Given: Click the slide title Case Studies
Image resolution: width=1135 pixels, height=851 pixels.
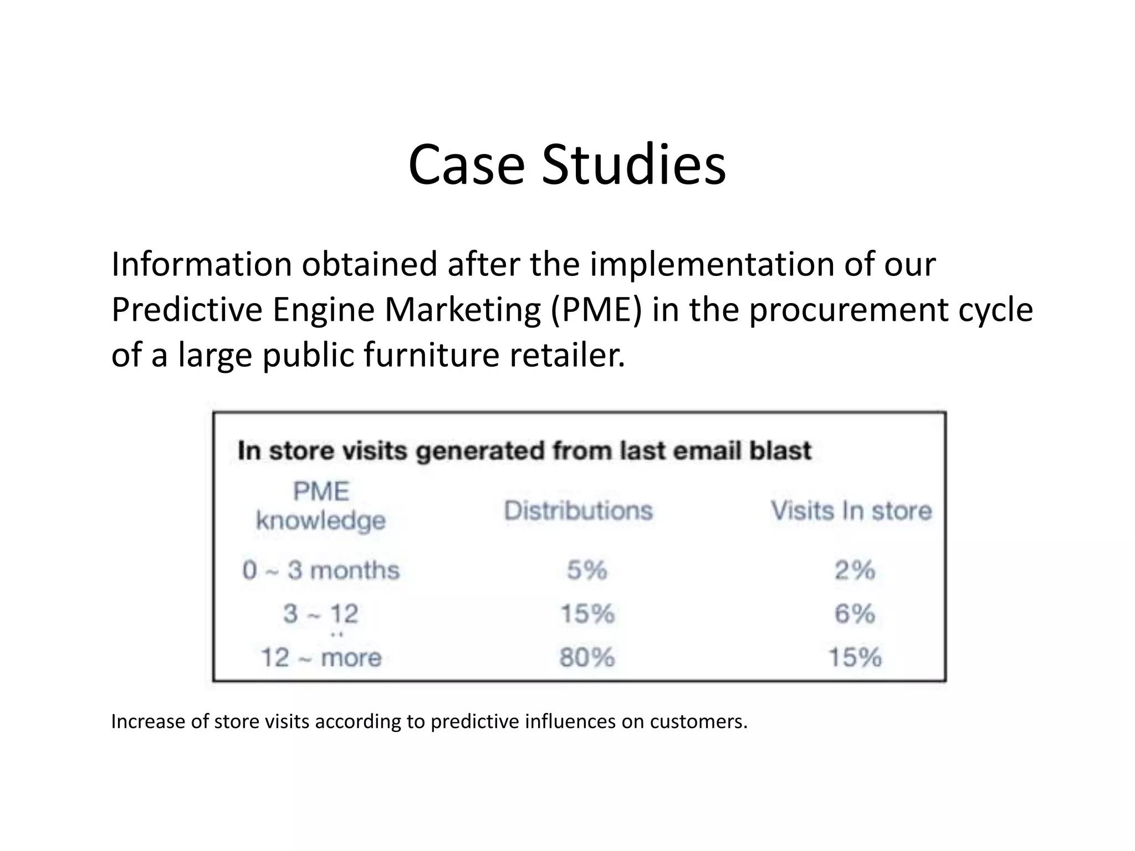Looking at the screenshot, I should [567, 165].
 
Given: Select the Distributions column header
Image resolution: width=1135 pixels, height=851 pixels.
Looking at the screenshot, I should [578, 510].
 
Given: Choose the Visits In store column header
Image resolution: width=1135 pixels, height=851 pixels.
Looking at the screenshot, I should [851, 510].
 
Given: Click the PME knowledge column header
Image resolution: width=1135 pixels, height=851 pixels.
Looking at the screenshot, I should [321, 506].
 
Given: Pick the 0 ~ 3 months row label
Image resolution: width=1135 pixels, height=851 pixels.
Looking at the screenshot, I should [321, 570].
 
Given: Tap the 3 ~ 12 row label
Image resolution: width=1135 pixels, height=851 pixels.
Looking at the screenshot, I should [321, 614].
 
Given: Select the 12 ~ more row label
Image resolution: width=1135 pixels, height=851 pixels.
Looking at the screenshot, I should [321, 658].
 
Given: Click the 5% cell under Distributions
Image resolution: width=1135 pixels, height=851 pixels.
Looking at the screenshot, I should [587, 570].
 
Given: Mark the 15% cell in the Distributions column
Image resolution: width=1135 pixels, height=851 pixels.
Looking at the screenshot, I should [587, 614].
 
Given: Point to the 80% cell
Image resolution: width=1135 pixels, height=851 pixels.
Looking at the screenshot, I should [587, 658].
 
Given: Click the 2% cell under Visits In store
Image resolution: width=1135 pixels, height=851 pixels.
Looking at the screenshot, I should [855, 570].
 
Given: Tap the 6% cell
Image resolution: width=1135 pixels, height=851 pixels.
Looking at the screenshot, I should [855, 614].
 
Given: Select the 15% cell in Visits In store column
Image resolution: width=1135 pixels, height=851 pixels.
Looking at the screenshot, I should [855, 658].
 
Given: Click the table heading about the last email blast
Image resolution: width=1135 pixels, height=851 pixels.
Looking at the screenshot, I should [524, 450].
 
